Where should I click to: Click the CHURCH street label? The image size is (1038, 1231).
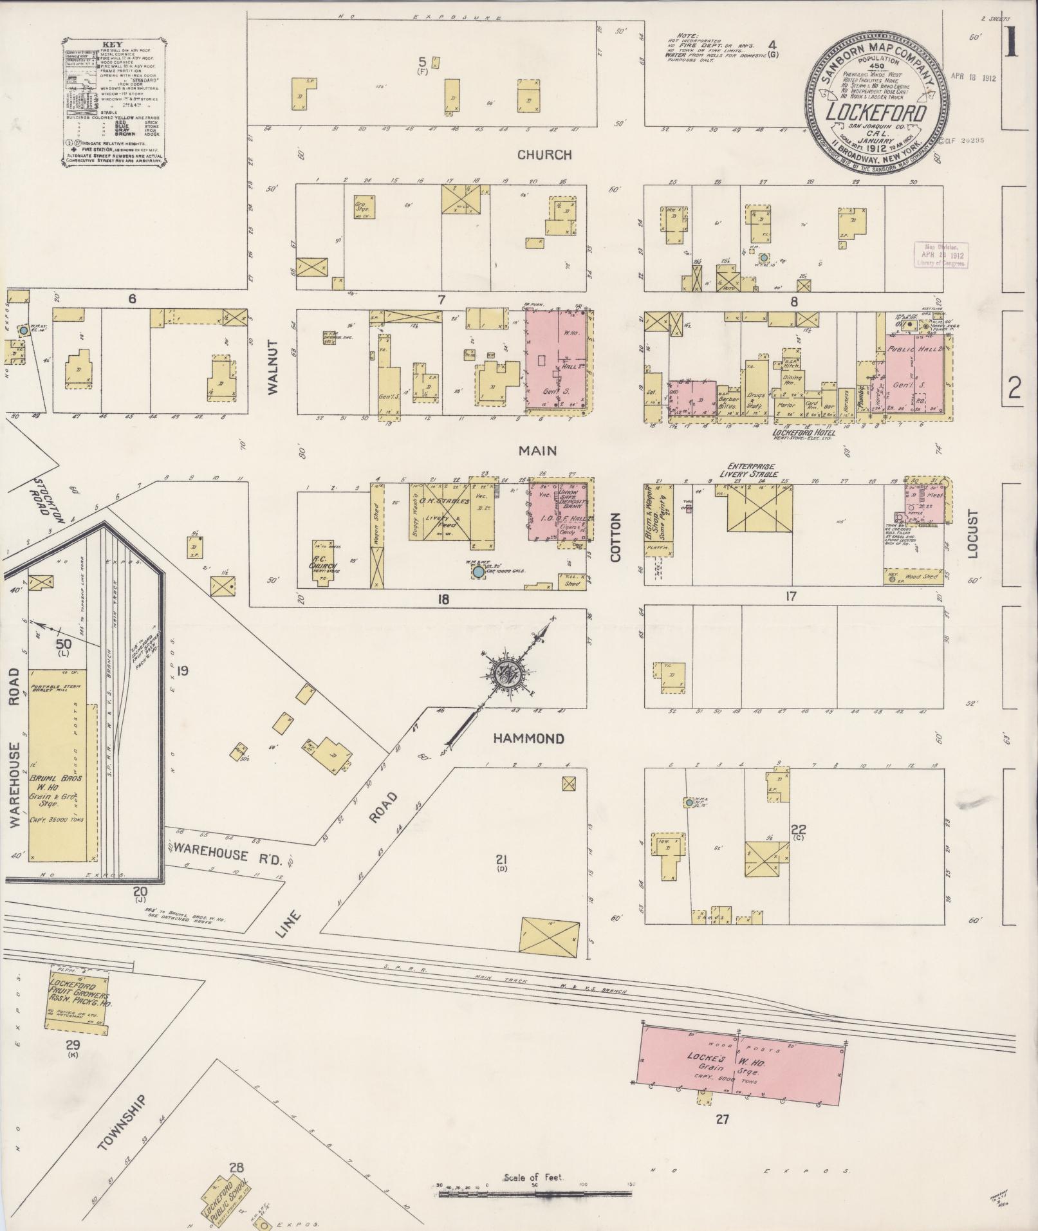pyautogui.click(x=544, y=155)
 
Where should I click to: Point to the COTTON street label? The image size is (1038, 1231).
pyautogui.click(x=616, y=537)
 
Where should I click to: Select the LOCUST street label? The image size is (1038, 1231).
pyautogui.click(x=972, y=533)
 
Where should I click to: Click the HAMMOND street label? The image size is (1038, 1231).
pyautogui.click(x=528, y=739)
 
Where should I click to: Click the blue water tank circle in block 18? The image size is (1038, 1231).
pyautogui.click(x=478, y=571)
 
